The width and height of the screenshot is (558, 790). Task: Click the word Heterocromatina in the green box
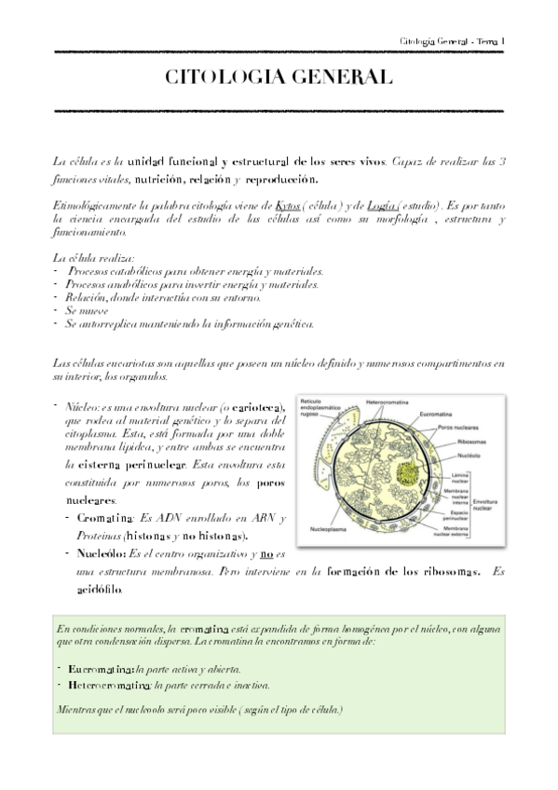101,685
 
